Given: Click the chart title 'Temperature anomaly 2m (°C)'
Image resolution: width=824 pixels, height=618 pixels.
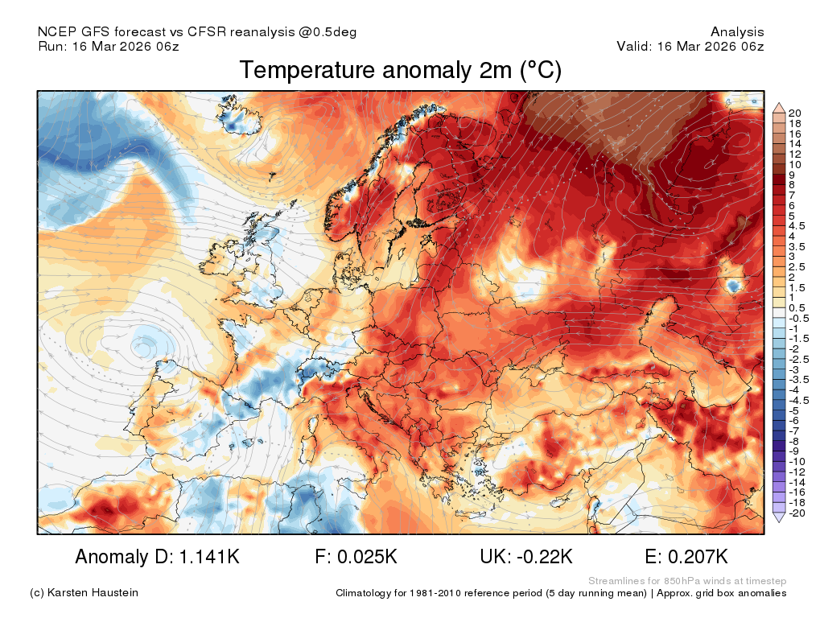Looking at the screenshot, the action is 401,71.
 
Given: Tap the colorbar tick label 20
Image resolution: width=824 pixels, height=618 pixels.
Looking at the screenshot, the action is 795,113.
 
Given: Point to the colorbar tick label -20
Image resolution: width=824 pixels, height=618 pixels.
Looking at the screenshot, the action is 797,513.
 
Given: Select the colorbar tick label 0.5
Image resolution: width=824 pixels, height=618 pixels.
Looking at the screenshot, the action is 797,308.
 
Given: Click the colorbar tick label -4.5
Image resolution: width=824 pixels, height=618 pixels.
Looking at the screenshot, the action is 799,401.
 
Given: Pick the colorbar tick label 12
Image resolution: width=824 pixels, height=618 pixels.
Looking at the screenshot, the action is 795,154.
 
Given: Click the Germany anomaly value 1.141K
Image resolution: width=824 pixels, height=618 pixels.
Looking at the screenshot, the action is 210,557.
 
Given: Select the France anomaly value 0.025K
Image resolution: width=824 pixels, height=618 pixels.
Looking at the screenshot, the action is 367,557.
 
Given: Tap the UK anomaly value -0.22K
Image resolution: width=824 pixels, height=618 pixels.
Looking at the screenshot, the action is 545,557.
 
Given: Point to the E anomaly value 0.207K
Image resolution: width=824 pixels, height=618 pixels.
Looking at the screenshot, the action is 698,557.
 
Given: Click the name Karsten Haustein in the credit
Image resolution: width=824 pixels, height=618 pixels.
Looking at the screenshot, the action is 93,593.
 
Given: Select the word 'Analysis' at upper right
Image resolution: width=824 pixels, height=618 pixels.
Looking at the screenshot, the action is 737,32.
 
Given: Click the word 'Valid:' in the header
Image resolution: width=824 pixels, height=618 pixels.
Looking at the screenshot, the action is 634,46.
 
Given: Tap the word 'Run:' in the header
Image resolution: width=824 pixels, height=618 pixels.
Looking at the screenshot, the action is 52,46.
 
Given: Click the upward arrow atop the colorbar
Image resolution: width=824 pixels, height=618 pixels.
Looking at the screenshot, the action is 779,109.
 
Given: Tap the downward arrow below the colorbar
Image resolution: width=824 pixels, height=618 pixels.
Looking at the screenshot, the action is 779,517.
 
